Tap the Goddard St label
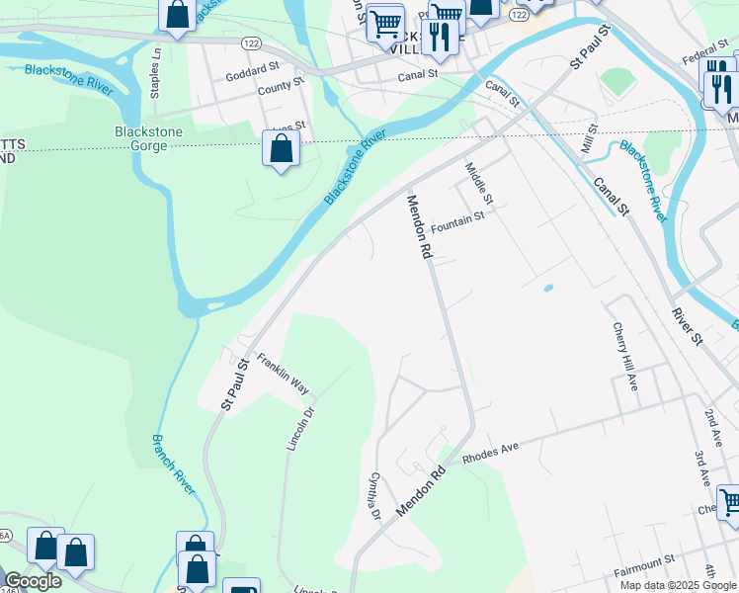pos(253,74)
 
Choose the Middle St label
pos(479,184)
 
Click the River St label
pos(687,326)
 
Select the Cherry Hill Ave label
pos(624,356)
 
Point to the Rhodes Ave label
pos(490,451)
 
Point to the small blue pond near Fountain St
pos(548,289)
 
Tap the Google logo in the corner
pos(33,581)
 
